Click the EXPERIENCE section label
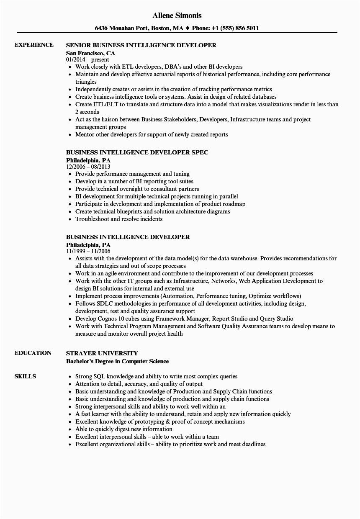click(34, 45)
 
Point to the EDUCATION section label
click(33, 353)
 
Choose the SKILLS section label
click(25, 376)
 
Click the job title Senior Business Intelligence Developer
click(141, 45)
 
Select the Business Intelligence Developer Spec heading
click(137, 152)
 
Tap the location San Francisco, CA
click(90, 54)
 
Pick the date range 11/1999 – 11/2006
click(88, 251)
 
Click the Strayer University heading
click(102, 353)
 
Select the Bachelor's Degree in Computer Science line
click(117, 361)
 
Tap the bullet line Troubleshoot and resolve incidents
click(119, 219)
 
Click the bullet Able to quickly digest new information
click(123, 429)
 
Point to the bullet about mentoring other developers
click(152, 134)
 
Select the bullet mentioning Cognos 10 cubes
click(184, 319)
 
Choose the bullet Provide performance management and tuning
click(132, 174)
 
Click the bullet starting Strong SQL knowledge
click(156, 376)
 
